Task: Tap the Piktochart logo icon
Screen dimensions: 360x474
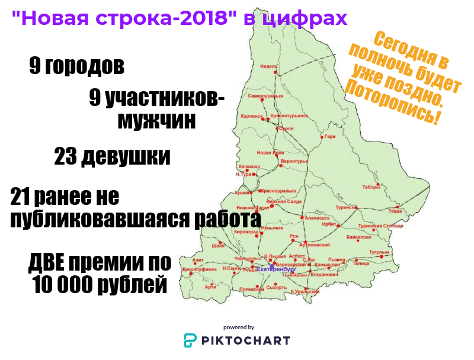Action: [x=190, y=340]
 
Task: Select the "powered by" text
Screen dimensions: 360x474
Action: [x=239, y=327]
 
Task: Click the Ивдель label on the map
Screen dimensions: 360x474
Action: [x=268, y=66]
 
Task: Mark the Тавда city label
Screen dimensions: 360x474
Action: [x=395, y=210]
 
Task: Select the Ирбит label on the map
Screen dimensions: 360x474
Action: [x=329, y=224]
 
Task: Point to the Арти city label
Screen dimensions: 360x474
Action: [x=210, y=287]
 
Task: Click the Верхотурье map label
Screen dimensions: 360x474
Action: [x=294, y=161]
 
